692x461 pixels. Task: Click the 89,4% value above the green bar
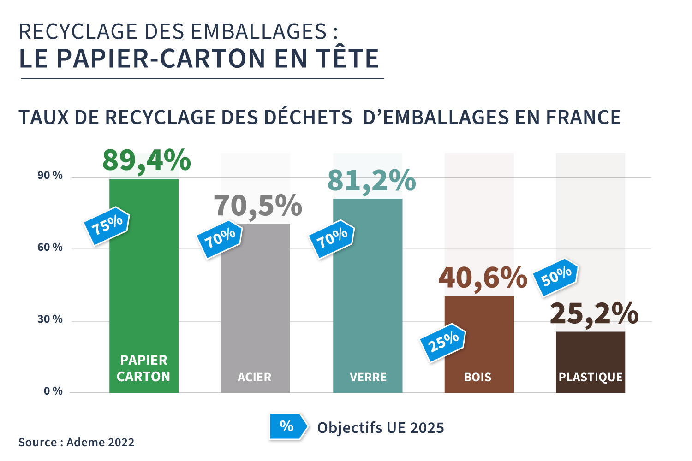(146, 161)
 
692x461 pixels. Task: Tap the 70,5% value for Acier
(257, 206)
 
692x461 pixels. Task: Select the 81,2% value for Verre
(371, 180)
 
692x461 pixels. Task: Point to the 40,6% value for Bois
(483, 278)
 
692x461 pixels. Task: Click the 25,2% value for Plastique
(594, 314)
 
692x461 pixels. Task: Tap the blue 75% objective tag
(107, 225)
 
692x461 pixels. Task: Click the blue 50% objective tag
(556, 277)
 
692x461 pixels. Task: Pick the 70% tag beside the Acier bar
(220, 239)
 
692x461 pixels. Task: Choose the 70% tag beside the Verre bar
(332, 239)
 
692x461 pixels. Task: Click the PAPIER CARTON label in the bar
(143, 368)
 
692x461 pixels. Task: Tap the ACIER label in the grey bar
(255, 377)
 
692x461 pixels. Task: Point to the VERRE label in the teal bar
(368, 377)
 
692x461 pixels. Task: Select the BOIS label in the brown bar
(478, 377)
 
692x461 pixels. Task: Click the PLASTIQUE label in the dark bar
(591, 377)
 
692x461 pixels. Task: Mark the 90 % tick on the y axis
(50, 176)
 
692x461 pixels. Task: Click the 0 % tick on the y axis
(53, 391)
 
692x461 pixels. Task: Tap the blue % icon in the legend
(287, 426)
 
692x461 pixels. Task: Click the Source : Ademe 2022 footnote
(77, 443)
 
